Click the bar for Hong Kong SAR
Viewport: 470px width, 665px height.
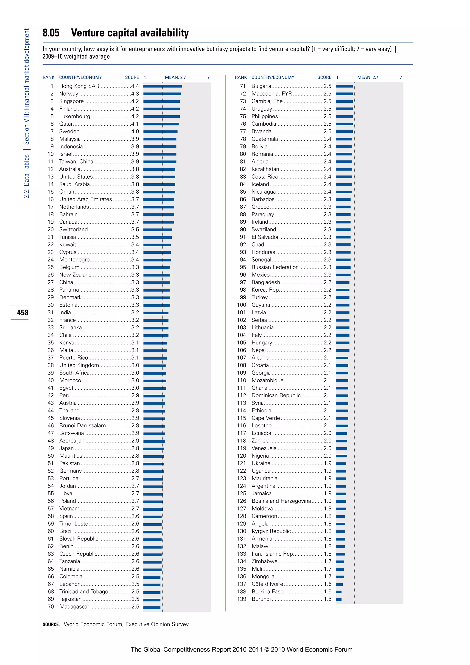coord(163,86)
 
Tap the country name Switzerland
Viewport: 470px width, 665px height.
coord(73,229)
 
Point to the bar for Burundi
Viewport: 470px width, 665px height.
coord(339,599)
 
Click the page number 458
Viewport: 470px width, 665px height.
coord(22,313)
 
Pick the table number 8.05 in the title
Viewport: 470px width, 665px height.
coord(51,33)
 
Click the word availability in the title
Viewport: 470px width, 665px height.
coord(164,33)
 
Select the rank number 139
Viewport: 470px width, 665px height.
coord(241,599)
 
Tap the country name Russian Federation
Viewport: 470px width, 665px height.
coord(275,267)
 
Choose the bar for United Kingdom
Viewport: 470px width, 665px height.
coord(155,366)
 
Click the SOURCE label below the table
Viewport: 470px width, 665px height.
coord(51,624)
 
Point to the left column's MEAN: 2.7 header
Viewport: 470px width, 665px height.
coord(175,77)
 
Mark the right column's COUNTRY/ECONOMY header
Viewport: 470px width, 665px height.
coord(273,77)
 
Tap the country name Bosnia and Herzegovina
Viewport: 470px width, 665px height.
coord(281,501)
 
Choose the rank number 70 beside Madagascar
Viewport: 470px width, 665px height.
coord(51,606)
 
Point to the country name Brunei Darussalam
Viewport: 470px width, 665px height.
coord(82,425)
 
